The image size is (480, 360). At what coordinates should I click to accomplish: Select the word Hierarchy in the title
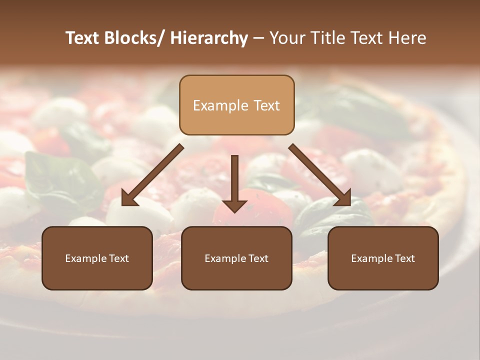pos(209,38)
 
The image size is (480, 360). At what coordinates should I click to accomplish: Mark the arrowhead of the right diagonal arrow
pos(343,197)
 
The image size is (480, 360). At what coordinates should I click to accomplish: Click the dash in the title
pos(258,38)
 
